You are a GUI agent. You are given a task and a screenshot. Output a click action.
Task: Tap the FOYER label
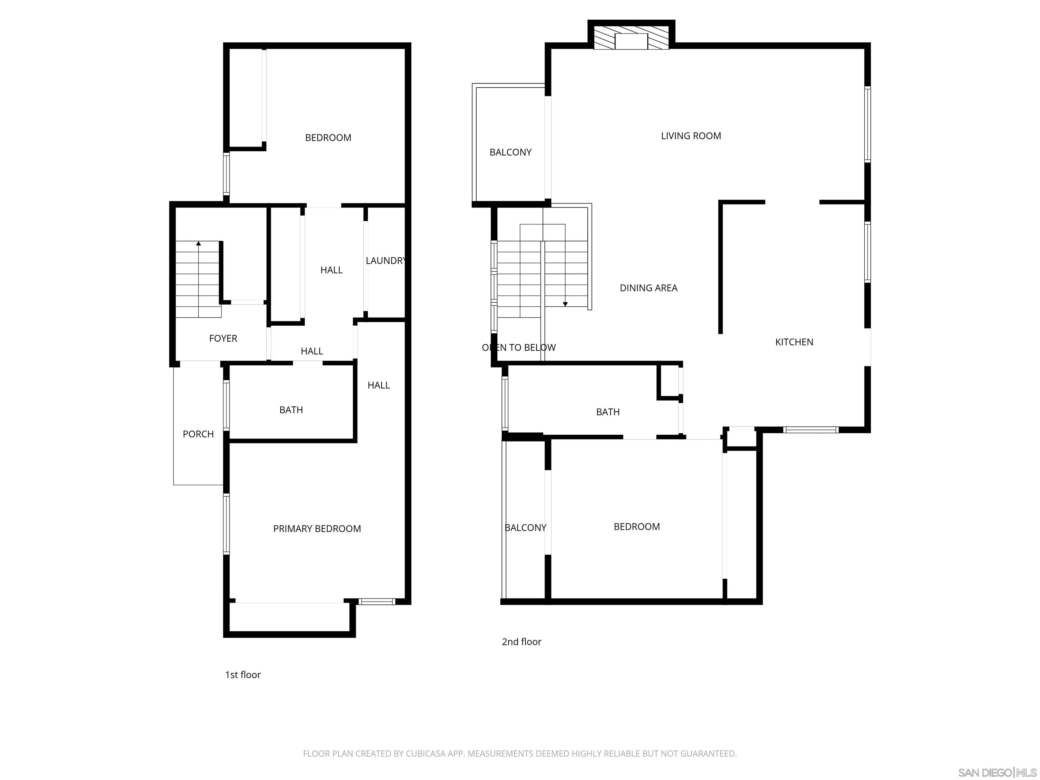pos(223,339)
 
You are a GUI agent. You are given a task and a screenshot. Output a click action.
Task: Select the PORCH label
pos(198,434)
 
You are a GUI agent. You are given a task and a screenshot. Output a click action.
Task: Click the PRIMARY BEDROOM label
pos(317,528)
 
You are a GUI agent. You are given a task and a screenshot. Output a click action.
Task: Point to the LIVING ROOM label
pos(691,136)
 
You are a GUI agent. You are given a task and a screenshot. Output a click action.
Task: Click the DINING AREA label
pos(648,288)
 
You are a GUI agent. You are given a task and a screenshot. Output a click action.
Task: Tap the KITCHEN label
pos(794,342)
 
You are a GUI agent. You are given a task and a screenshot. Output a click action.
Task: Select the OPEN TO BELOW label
pos(519,347)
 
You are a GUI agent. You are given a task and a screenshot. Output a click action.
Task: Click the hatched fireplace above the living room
pos(631,38)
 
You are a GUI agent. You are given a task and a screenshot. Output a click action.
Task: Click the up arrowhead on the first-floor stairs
pos(198,243)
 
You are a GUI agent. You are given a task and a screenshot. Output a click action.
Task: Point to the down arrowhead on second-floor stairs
pos(565,305)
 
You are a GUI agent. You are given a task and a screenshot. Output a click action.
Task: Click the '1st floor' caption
pos(243,675)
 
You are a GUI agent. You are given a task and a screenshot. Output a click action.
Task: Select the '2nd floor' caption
pos(521,642)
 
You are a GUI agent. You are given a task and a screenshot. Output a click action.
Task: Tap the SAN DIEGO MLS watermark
pos(997,773)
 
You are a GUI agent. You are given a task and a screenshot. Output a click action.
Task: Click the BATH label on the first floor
pos(291,410)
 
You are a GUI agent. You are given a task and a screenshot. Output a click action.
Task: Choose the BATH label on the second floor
pos(607,412)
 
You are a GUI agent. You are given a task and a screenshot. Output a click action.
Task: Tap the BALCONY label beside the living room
pos(510,152)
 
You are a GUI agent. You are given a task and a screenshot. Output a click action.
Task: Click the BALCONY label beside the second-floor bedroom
pos(525,527)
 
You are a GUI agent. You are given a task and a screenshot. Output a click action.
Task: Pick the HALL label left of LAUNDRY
pos(331,270)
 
